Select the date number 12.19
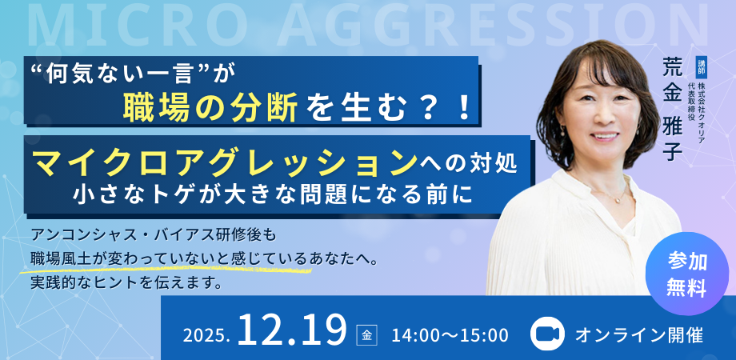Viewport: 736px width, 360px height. pos(291,330)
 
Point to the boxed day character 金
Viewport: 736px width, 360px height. pos(366,335)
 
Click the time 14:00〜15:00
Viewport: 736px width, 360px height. pos(450,335)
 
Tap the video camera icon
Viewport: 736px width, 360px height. pos(546,334)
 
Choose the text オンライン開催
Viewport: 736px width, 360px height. pos(639,335)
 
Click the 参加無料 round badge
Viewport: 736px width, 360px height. pos(686,274)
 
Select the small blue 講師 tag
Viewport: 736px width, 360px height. pos(702,69)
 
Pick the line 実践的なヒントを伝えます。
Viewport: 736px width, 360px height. pos(126,283)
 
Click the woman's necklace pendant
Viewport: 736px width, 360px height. pos(618,199)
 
